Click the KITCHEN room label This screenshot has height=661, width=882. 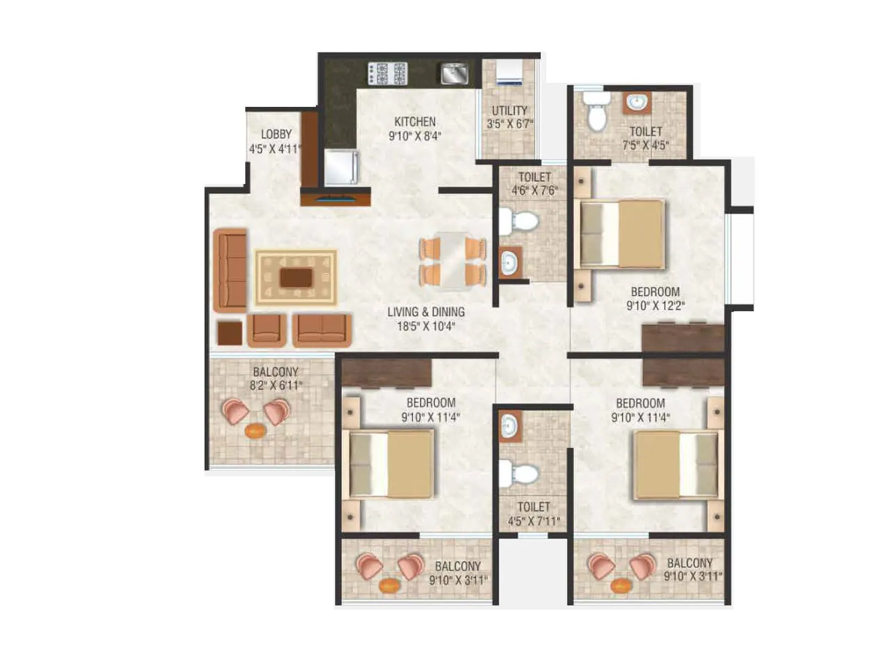coord(415,122)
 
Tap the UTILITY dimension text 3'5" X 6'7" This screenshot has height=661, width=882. coord(509,124)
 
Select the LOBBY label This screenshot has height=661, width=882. coord(276,134)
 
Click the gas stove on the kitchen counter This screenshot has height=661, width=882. coord(387,73)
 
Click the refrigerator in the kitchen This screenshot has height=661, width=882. coord(341,167)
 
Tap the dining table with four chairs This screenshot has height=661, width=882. coord(453,261)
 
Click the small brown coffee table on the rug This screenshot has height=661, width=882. coord(296,278)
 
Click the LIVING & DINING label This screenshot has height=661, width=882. coord(426,312)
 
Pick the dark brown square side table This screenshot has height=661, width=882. coord(229,333)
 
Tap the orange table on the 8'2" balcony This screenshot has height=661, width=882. coord(255,430)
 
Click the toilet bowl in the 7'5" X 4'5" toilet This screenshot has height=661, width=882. coord(596,113)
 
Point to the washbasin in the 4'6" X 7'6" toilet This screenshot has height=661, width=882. coord(509,262)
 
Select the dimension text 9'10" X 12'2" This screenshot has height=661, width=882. coord(655,306)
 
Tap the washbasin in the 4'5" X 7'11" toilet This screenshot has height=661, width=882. coord(509,426)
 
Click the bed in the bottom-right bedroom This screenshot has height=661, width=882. coord(677,465)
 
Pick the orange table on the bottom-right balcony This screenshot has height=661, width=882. coord(621,585)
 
